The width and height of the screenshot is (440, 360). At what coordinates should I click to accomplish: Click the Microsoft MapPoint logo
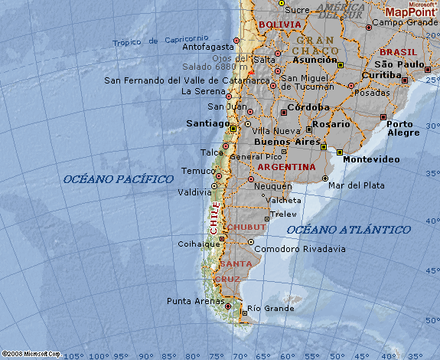pyautogui.click(x=410, y=9)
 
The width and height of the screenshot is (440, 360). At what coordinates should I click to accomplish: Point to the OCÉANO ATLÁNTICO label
pyautogui.click(x=348, y=229)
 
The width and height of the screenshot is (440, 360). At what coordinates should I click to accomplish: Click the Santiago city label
pyautogui.click(x=207, y=123)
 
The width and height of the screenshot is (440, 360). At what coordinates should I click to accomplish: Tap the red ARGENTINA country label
pyautogui.click(x=286, y=166)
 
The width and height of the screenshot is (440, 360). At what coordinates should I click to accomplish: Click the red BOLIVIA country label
pyautogui.click(x=281, y=25)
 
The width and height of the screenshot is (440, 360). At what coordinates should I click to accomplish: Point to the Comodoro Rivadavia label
pyautogui.click(x=299, y=249)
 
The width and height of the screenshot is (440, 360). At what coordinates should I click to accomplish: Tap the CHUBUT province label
pyautogui.click(x=246, y=227)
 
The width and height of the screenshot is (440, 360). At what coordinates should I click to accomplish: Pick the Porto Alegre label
pyautogui.click(x=404, y=128)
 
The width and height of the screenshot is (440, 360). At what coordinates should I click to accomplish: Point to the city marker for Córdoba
pyautogui.click(x=284, y=112)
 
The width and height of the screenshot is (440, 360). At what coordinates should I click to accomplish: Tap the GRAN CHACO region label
pyautogui.click(x=315, y=45)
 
